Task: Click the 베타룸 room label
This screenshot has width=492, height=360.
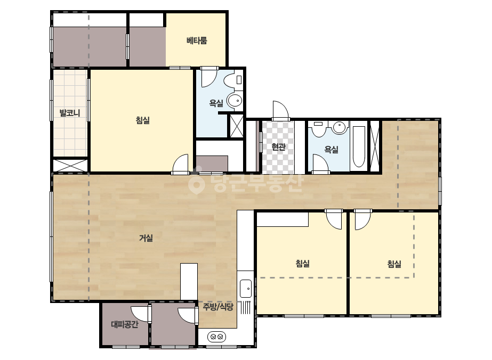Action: [197, 40]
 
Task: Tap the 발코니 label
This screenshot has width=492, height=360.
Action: [70, 112]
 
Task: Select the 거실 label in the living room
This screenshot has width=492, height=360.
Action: [146, 238]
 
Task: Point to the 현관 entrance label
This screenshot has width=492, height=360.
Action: [278, 147]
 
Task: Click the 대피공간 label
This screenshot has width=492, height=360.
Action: [125, 324]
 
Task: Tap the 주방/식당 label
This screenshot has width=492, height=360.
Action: [218, 306]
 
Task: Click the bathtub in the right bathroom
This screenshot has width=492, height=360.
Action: [359, 146]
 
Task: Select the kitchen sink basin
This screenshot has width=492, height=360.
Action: [246, 288]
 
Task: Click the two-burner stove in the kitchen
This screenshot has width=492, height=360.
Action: [216, 337]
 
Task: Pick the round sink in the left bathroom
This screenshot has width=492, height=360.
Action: [235, 101]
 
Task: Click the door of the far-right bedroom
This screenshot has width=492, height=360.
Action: [362, 219]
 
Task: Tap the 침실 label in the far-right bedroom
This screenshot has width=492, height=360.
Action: [394, 264]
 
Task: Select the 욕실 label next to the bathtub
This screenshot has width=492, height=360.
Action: [332, 149]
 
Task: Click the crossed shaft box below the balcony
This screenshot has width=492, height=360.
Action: [70, 166]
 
